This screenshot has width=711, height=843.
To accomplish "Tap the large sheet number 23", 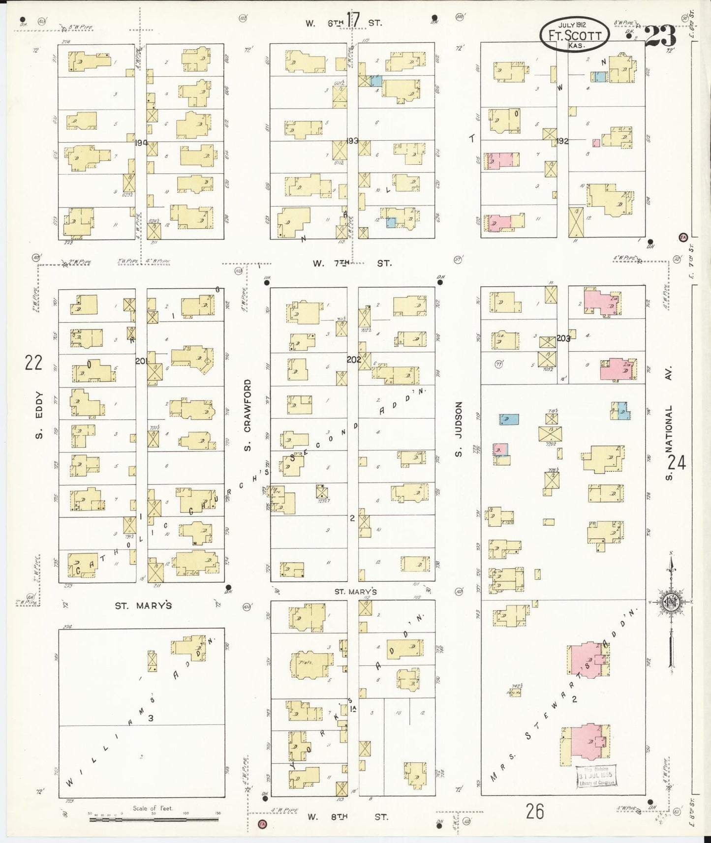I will click(x=660, y=35).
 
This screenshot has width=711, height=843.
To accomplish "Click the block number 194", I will click(x=142, y=142).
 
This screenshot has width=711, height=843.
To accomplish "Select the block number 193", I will click(x=352, y=141).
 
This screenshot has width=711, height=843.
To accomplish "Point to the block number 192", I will click(x=562, y=141).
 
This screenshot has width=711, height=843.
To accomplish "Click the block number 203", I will click(x=563, y=338).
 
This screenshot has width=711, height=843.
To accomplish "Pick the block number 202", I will click(x=353, y=359).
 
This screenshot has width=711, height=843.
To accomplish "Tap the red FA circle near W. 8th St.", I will click(x=261, y=823).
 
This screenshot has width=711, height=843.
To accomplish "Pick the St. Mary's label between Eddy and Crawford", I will click(x=143, y=605).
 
